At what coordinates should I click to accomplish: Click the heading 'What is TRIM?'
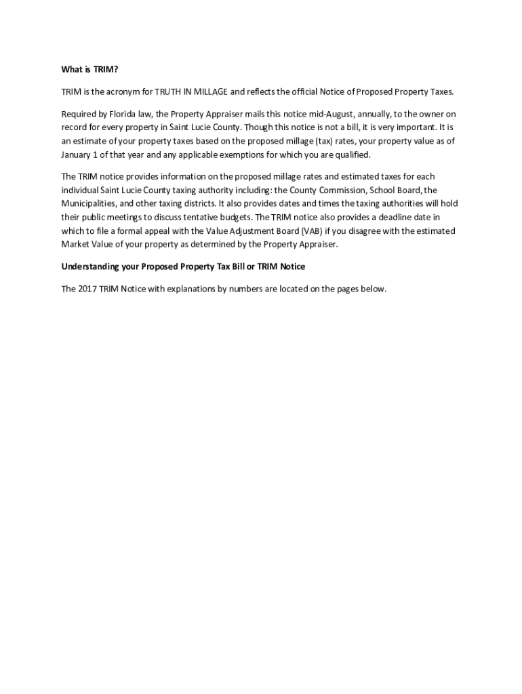pyautogui.click(x=89, y=69)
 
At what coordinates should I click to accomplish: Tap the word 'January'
pyautogui.click(x=77, y=155)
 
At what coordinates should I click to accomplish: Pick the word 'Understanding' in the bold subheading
pyautogui.click(x=91, y=267)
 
